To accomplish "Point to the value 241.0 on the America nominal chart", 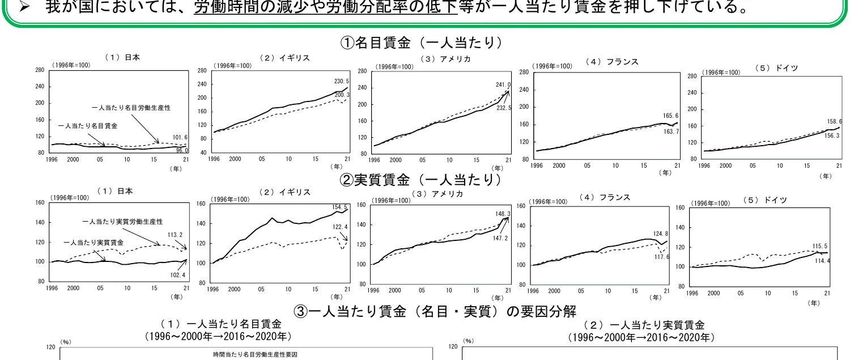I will click(x=501, y=85).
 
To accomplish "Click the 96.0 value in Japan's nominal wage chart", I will click(x=181, y=151).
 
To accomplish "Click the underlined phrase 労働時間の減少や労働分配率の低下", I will click(x=325, y=7).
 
